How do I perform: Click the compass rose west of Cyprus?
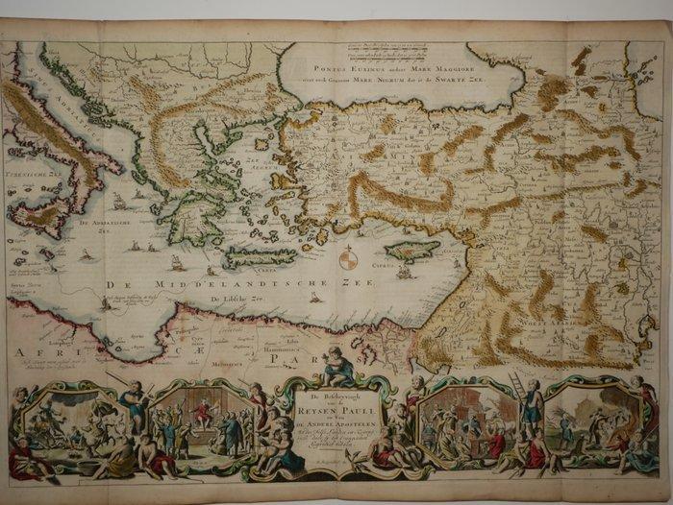pyautogui.click(x=349, y=259)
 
